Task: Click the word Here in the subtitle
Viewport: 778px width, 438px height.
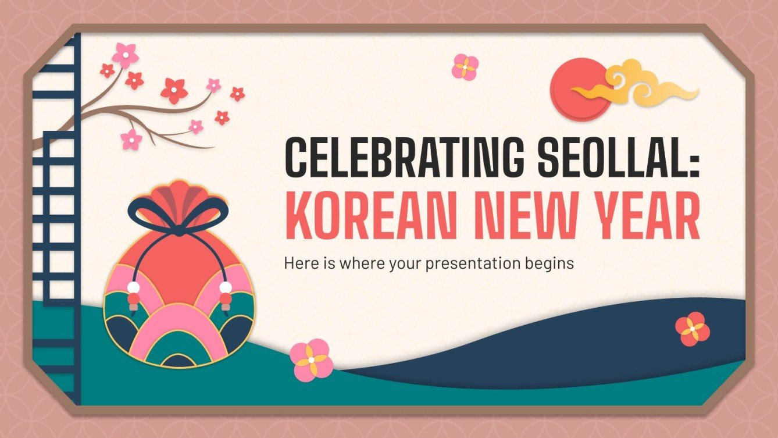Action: point(298,263)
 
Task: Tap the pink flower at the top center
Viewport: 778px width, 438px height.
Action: point(465,67)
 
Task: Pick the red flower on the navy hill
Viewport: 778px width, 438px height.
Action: point(692,329)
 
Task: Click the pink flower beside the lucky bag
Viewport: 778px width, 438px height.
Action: point(311,359)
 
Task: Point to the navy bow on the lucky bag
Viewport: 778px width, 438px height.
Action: point(176,212)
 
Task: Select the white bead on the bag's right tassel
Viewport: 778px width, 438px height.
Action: point(226,287)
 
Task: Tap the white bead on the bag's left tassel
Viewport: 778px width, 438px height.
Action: point(134,287)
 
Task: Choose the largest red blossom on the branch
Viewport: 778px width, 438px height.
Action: point(174,90)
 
